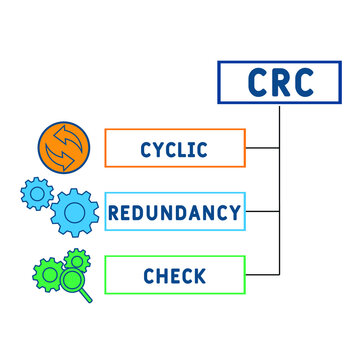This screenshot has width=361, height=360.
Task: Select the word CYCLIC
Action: tap(174, 150)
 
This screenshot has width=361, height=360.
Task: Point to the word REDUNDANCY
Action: tap(174, 212)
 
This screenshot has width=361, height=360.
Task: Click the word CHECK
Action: tap(174, 275)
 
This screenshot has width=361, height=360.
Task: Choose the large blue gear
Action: tap(71, 212)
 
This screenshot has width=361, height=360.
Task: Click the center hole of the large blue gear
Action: tap(71, 212)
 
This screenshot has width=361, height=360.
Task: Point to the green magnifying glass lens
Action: tap(71, 282)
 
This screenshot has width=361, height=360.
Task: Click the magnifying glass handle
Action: tap(87, 296)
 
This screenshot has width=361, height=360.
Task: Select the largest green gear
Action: tap(46, 273)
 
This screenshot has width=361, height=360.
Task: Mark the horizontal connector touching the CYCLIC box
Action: tap(263, 148)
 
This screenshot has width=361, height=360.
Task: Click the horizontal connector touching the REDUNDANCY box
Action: tap(263, 211)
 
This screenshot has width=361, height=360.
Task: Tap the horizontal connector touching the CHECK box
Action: tap(263, 274)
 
